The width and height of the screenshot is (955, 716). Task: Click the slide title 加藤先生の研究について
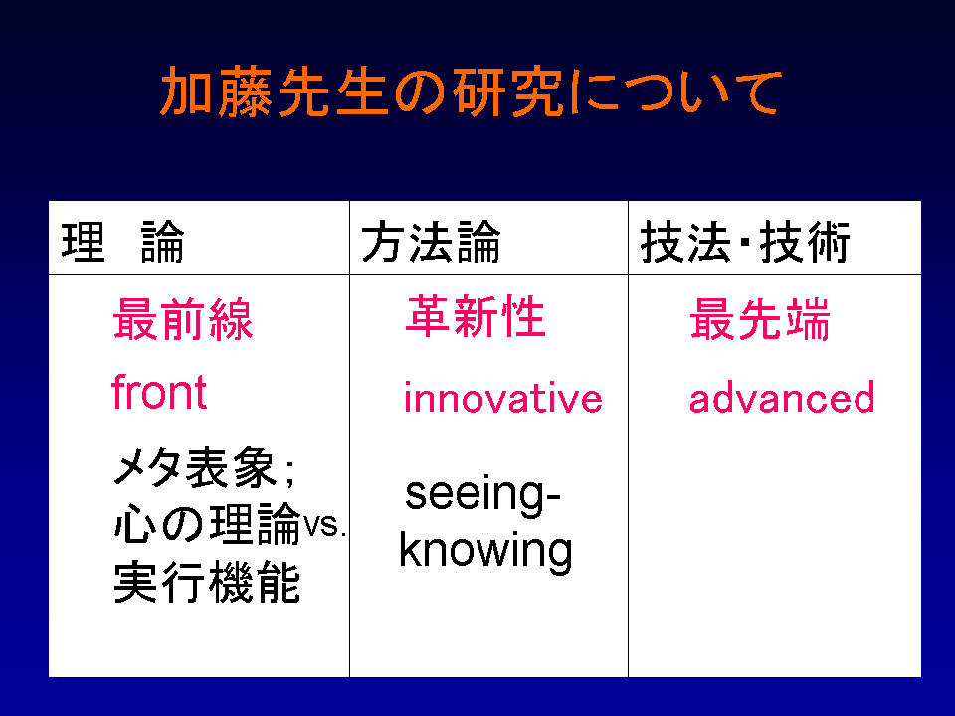[471, 91]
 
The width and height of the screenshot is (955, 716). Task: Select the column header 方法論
[431, 242]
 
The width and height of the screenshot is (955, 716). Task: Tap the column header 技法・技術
[745, 242]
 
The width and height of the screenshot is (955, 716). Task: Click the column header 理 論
[123, 242]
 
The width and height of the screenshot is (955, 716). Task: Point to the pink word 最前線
[183, 319]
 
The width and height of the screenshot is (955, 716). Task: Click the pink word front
[159, 392]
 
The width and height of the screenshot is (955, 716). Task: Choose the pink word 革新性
[476, 316]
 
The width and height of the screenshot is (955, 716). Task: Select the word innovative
[503, 397]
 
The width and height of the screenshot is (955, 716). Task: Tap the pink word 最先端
[759, 319]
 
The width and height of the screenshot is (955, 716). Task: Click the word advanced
[782, 397]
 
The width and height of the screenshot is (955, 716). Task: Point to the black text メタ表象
[195, 467]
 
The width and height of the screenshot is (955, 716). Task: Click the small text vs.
[325, 525]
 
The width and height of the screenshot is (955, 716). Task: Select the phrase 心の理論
[208, 524]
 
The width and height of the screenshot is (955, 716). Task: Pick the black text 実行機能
[207, 582]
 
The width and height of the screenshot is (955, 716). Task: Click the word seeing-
[482, 495]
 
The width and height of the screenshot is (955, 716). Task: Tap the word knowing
[486, 551]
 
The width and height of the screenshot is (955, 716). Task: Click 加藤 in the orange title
[216, 91]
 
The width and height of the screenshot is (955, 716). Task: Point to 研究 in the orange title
[507, 91]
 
